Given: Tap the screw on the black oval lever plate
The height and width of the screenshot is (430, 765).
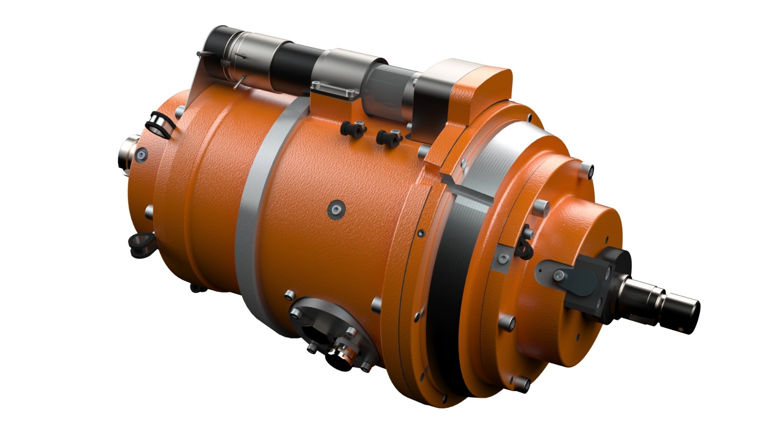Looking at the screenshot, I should click(559, 275).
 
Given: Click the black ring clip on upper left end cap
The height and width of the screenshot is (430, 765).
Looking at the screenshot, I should click(158, 125).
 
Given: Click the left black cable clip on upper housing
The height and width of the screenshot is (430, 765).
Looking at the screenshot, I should click(353, 129).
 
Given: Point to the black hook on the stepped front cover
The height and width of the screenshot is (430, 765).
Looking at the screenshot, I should click(524, 247).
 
